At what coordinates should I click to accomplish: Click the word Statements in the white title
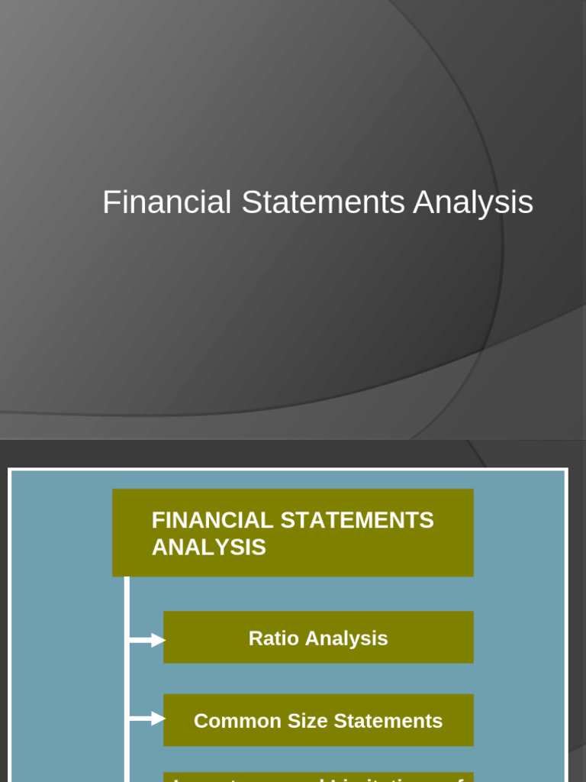323,203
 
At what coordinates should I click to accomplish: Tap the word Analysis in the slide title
473,203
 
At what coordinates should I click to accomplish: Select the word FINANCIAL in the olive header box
212,521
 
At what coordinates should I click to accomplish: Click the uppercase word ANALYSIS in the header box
209,548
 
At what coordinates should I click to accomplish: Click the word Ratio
272,638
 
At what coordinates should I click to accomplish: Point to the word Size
294,721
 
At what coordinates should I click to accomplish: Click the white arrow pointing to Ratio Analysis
148,640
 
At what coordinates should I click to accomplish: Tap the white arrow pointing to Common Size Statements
148,719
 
